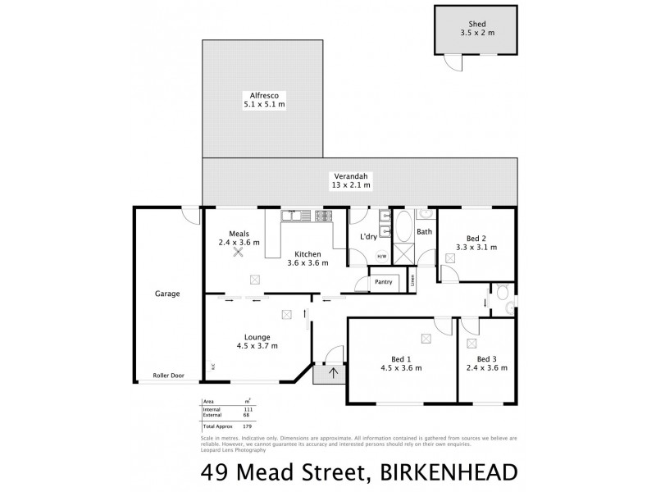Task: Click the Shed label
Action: [478, 25]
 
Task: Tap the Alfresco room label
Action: [264, 95]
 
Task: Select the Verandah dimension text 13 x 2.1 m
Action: [351, 185]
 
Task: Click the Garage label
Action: [166, 294]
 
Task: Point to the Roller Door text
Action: [168, 376]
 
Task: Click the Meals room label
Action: [239, 234]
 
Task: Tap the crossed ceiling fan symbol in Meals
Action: [239, 252]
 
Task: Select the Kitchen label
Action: [308, 254]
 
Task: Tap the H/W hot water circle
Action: [381, 256]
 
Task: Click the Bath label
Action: [424, 232]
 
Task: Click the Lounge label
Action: [257, 337]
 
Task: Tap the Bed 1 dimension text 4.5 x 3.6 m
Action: [402, 368]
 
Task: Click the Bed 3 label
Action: [487, 358]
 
